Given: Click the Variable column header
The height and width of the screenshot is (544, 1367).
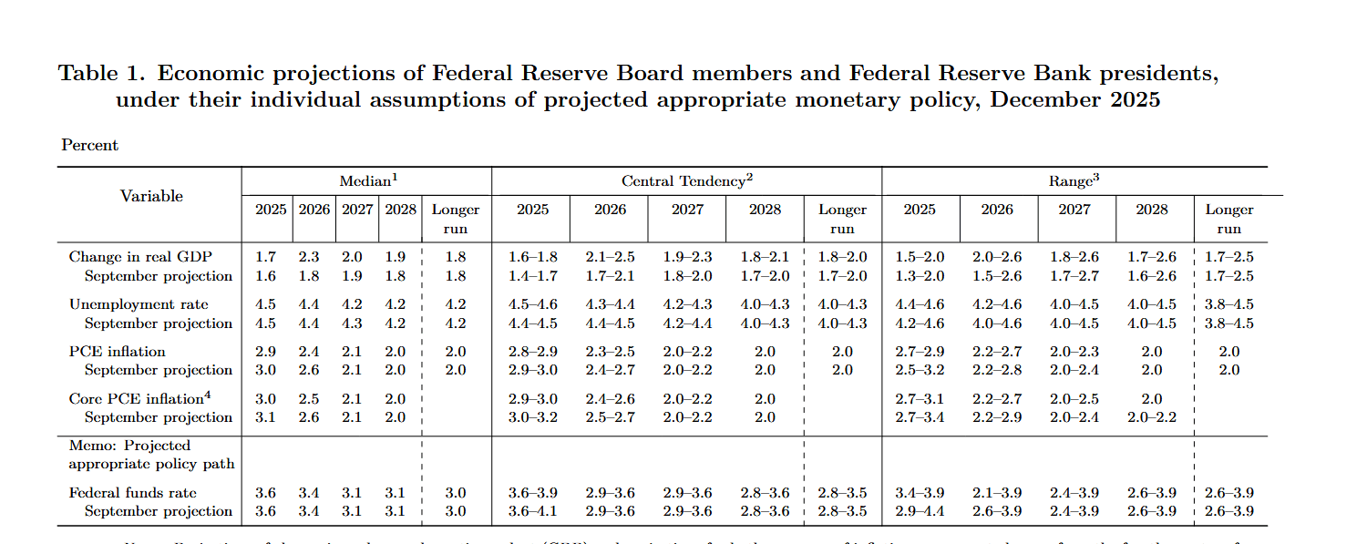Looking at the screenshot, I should pyautogui.click(x=151, y=196).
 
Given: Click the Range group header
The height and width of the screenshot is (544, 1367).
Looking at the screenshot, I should pyautogui.click(x=1074, y=181).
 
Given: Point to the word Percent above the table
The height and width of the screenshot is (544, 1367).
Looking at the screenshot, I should pyautogui.click(x=90, y=145).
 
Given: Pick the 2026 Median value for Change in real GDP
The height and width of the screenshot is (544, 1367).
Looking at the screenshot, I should pyautogui.click(x=314, y=258).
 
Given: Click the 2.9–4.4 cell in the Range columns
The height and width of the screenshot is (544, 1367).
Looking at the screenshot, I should pyautogui.click(x=920, y=511).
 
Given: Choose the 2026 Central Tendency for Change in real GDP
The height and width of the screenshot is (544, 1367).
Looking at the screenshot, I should pyautogui.click(x=610, y=258).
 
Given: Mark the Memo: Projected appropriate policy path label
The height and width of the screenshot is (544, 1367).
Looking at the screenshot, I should pyautogui.click(x=139, y=455).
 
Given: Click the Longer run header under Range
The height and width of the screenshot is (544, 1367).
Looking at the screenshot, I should pyautogui.click(x=1229, y=220).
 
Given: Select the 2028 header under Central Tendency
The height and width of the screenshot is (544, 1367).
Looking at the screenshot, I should pyautogui.click(x=765, y=210).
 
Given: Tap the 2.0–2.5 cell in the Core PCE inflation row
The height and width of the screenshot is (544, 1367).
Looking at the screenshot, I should pyautogui.click(x=1074, y=399).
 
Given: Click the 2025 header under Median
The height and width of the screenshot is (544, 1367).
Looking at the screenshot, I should pyautogui.click(x=271, y=210).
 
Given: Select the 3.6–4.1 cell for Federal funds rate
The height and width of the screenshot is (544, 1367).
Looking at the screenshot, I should pyautogui.click(x=532, y=511).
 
